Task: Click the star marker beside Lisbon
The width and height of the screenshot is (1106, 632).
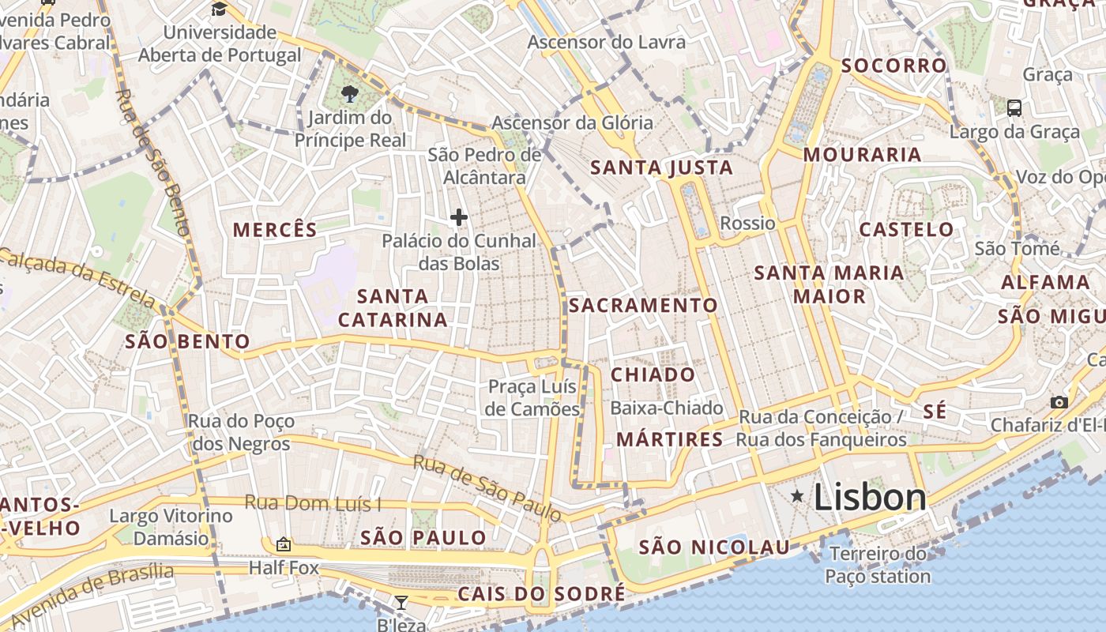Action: [x=798, y=496]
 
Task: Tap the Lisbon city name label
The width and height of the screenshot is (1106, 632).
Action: [x=870, y=497]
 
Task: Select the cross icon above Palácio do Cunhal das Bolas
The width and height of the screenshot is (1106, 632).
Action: [x=458, y=217]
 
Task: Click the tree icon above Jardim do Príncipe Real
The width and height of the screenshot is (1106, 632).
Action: [x=348, y=95]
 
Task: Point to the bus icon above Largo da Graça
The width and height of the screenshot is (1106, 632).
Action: [x=1014, y=107]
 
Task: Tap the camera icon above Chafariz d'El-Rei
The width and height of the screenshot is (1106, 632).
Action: [x=1059, y=402]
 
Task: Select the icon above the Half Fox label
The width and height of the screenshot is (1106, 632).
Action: [x=283, y=544]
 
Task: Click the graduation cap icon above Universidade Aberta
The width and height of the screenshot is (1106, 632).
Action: [x=219, y=9]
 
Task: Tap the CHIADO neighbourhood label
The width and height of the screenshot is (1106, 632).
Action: [x=653, y=374]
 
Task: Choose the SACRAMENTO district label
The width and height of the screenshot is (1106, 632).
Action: [x=644, y=305]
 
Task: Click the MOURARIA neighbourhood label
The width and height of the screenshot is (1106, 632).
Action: [x=863, y=155]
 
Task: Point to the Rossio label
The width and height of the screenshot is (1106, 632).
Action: [x=747, y=223]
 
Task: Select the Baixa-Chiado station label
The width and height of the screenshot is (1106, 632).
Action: [x=667, y=408]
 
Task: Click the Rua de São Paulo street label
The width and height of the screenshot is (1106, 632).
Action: [x=487, y=488]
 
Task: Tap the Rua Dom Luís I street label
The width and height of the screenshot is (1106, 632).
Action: [x=313, y=502]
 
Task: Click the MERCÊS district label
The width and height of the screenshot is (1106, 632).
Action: [x=275, y=230]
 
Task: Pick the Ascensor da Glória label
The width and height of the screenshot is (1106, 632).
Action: [x=572, y=122]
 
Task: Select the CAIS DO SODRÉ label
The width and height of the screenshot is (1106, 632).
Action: [x=541, y=593]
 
